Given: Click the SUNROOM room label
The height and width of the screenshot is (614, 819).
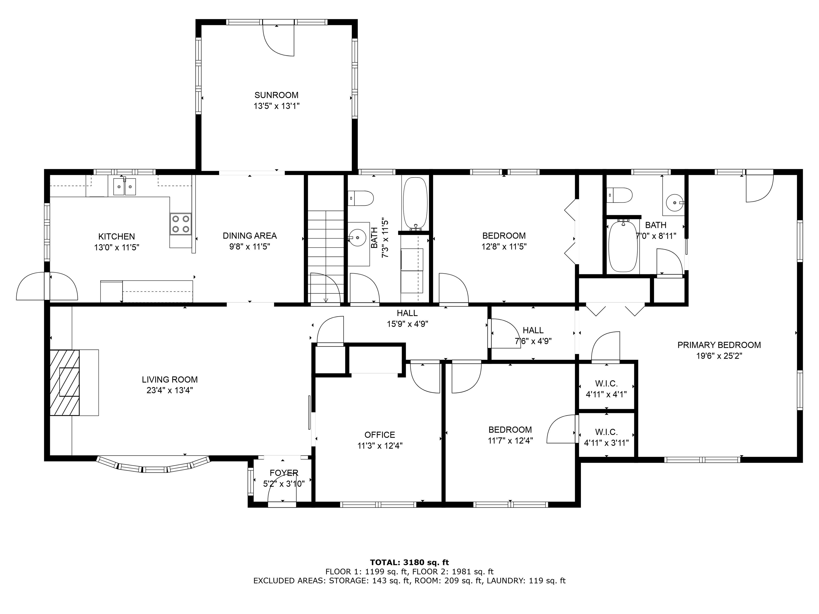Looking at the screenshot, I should [276, 95].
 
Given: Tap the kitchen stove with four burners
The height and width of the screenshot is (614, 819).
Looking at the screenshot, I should [181, 224].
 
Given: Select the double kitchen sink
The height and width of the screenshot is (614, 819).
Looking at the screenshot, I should [125, 186].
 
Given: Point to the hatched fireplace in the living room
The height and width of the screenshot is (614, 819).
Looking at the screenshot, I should [65, 383].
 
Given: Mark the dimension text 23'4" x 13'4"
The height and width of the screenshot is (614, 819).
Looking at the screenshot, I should [170, 390].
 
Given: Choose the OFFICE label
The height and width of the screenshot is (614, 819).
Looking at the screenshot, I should [380, 435].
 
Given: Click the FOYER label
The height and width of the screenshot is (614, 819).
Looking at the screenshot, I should [284, 472].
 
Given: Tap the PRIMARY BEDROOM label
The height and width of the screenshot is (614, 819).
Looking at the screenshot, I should [719, 345].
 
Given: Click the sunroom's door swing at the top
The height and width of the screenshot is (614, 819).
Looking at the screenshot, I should [278, 41].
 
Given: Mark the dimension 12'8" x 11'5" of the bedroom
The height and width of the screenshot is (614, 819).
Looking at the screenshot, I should [504, 247].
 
